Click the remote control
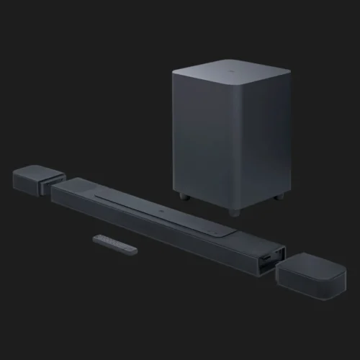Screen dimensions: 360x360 click(114, 243)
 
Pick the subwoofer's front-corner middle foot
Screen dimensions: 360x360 click(233, 212)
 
